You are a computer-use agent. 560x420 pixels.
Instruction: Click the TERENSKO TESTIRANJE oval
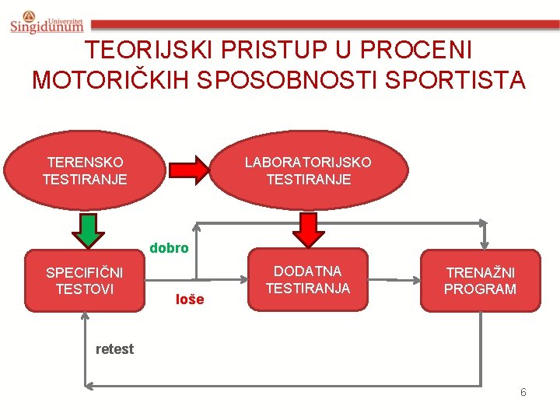85,170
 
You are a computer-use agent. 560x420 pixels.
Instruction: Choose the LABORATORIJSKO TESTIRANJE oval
308,170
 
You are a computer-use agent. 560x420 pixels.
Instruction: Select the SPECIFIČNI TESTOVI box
85,282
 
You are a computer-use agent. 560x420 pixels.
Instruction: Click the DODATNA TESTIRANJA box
308,280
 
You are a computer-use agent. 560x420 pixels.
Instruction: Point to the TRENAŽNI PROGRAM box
480,281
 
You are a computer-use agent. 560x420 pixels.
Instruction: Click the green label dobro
169,248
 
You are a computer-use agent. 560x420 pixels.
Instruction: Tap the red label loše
190,299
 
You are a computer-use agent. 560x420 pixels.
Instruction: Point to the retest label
114,349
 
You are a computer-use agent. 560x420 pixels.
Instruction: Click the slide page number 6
523,392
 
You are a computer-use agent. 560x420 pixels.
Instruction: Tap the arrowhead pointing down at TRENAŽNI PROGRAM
484,242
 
